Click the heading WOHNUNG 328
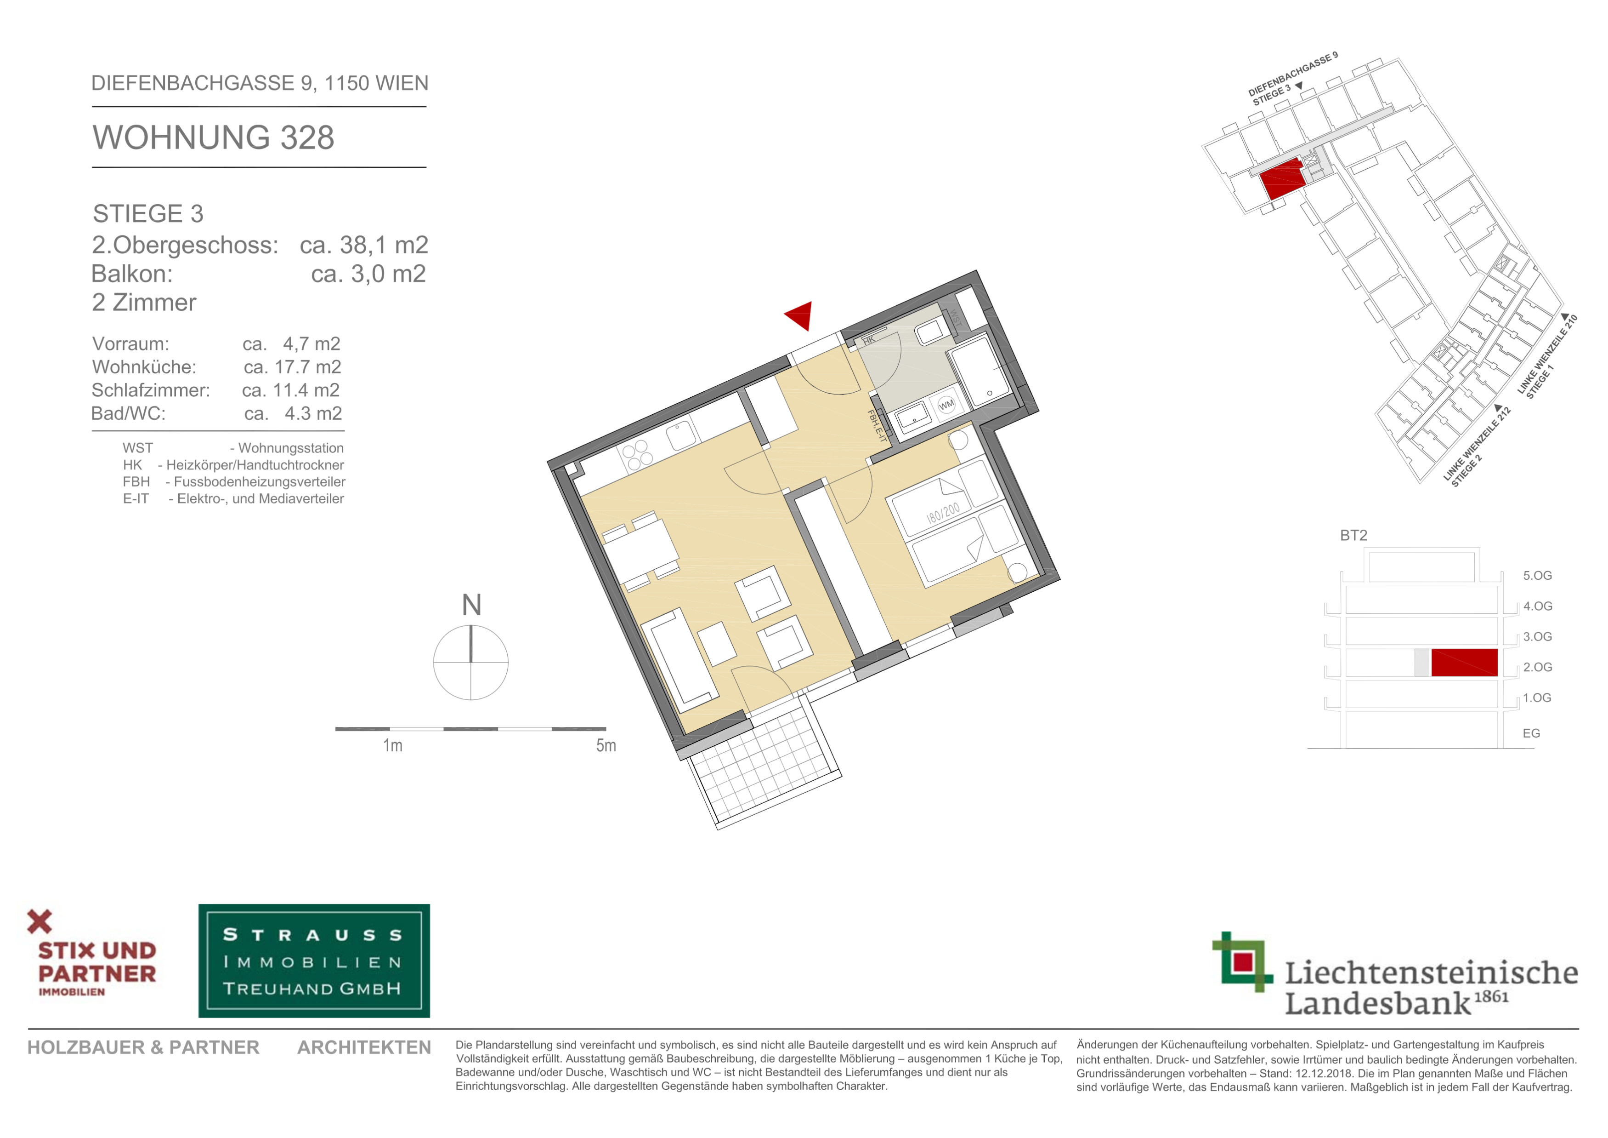pyautogui.click(x=214, y=137)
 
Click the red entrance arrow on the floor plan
pyautogui.click(x=800, y=315)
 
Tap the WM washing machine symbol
pyautogui.click(x=946, y=405)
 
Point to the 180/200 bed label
pyautogui.click(x=943, y=513)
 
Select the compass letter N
pyautogui.click(x=471, y=605)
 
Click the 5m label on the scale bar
pyautogui.click(x=606, y=746)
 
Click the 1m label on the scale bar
pyautogui.click(x=393, y=746)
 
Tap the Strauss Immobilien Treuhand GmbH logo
pyautogui.click(x=314, y=961)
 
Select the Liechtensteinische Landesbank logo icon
pyautogui.click(x=1242, y=961)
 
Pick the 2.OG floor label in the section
pyautogui.click(x=1537, y=667)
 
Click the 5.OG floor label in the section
pyautogui.click(x=1537, y=575)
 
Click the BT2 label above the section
pyautogui.click(x=1353, y=535)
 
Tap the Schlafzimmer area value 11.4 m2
pyautogui.click(x=291, y=390)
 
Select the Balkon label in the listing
pyautogui.click(x=132, y=274)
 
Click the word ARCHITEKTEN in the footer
pyautogui.click(x=364, y=1047)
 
